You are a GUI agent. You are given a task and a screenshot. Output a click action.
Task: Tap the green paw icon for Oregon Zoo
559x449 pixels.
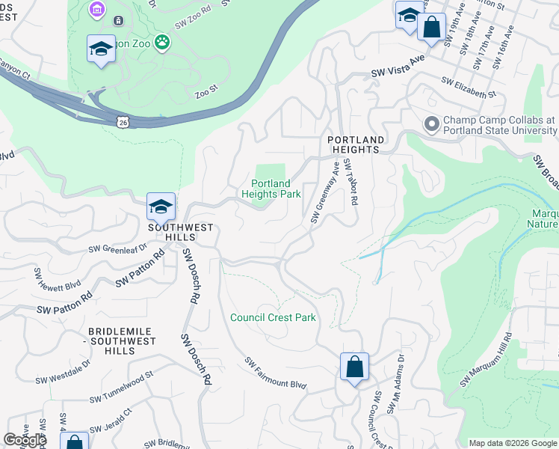coord(162,43)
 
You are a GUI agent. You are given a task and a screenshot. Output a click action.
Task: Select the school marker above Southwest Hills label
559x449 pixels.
coord(161,207)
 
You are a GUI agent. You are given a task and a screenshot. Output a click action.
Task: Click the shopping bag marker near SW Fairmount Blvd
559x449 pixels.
coord(355,367)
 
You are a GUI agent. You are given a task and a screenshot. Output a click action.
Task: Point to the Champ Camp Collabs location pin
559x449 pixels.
coord(431,124)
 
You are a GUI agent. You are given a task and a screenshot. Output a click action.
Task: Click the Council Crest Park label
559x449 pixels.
coord(273,317)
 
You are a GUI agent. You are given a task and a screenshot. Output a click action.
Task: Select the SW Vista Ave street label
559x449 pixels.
coord(398,68)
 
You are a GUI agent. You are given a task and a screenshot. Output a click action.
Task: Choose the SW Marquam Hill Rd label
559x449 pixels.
coord(486,360)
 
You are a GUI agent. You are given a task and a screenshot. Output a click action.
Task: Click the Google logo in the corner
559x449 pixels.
coord(25,440)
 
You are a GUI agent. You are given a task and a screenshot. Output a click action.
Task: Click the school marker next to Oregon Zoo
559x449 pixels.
coord(101,49)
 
